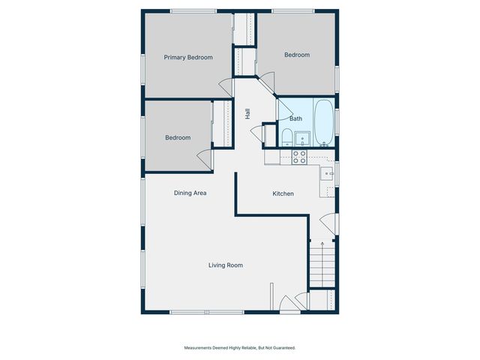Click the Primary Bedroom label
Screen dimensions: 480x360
coord(188,57)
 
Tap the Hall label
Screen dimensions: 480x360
coord(247,114)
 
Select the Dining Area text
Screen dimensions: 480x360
coord(190,193)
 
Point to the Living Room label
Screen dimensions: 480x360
coord(226,265)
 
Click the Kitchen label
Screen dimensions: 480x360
coord(283,193)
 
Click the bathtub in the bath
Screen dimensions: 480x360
coord(324,122)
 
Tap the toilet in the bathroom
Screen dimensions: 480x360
coord(286,137)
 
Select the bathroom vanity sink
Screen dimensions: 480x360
coord(302,139)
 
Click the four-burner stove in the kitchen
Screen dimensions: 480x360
coord(299,157)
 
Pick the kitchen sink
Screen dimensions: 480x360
coord(327,173)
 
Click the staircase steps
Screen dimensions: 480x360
coord(322,264)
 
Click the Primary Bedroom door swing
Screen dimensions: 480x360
coord(226,88)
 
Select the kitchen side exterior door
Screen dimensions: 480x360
coord(328,224)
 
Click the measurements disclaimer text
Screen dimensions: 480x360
coord(240,348)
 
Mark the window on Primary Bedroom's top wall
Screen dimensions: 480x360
coord(193,11)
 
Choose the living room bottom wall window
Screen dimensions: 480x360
coord(207,312)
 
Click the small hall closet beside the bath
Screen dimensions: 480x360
coord(269,136)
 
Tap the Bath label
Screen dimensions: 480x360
coord(295,118)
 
